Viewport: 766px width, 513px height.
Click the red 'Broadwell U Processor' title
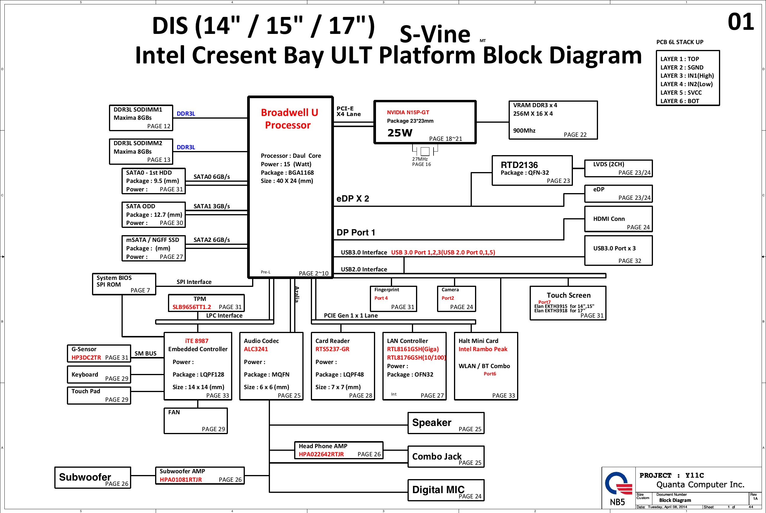(289, 119)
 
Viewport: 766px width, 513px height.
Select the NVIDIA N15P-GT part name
(408, 112)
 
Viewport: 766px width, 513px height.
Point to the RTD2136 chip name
(519, 165)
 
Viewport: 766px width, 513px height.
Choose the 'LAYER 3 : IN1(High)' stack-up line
(687, 76)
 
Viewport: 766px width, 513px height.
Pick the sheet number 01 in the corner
(741, 22)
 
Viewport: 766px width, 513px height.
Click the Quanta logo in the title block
(618, 483)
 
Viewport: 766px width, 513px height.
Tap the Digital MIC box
(446, 490)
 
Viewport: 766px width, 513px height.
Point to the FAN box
(195, 421)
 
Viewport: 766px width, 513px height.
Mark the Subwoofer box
(93, 478)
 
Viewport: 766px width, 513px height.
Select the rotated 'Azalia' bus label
(297, 294)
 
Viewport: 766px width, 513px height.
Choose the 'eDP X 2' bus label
(353, 199)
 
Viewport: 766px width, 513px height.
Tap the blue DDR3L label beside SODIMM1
(186, 114)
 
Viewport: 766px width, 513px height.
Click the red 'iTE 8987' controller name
(197, 341)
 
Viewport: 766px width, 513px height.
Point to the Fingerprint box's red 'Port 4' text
(381, 298)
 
